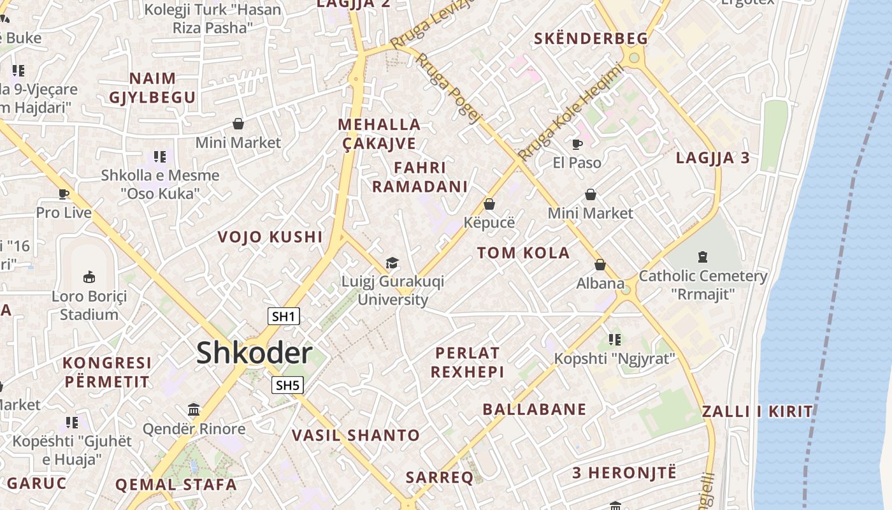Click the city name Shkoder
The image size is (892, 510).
point(254,353)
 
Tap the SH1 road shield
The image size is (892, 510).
point(284,316)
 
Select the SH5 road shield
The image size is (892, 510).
point(287,385)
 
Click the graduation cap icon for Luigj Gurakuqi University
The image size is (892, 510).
point(392,263)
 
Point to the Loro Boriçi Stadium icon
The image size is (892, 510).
point(89,277)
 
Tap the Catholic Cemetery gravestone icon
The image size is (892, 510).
point(702,257)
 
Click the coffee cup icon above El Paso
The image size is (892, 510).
point(577,144)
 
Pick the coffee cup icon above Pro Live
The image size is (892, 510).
point(63,194)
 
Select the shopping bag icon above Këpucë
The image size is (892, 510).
point(489,204)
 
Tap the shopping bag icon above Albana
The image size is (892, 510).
point(600,265)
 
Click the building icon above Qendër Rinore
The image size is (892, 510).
point(194,409)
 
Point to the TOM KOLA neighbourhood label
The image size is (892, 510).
point(523,252)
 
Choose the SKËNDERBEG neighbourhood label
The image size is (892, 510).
point(591,38)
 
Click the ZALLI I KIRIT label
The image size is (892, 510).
point(757,411)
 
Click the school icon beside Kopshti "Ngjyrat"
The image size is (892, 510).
point(614,339)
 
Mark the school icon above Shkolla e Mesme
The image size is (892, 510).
point(160,156)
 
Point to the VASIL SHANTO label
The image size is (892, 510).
point(356,435)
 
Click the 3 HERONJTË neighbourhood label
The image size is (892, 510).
point(624,473)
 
